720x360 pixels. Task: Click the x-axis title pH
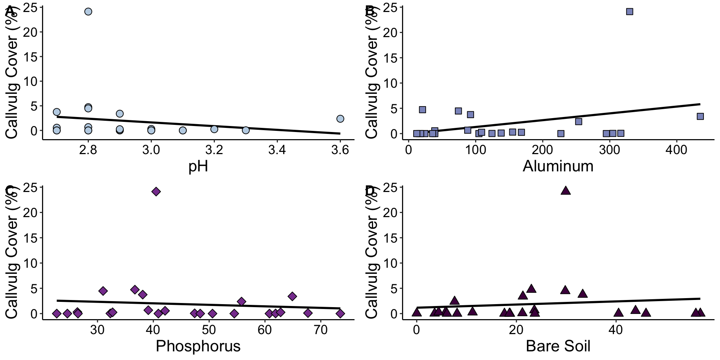(198, 166)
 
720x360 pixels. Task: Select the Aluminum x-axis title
(558, 166)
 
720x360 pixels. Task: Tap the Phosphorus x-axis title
(198, 346)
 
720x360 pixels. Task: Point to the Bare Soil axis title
(558, 346)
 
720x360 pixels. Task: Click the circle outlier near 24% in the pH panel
(88, 12)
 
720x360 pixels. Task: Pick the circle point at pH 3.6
(340, 119)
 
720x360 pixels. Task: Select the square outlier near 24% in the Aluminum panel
(630, 12)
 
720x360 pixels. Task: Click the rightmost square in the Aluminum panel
(700, 116)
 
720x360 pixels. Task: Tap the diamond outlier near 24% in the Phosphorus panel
(156, 192)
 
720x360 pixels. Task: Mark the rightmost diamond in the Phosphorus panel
(340, 313)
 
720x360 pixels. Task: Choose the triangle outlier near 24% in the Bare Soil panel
(565, 191)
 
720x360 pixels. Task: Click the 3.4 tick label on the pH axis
(277, 150)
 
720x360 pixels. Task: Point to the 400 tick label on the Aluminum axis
(676, 150)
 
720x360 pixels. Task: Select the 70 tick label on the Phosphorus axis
(320, 330)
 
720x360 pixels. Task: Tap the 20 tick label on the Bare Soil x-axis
(516, 330)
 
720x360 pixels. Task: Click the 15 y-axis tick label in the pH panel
(31, 57)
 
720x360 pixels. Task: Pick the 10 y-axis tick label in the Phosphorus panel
(31, 263)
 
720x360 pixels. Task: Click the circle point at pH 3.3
(246, 130)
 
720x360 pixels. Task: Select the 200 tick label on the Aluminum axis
(543, 150)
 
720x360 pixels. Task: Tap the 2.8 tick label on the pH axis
(88, 150)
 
